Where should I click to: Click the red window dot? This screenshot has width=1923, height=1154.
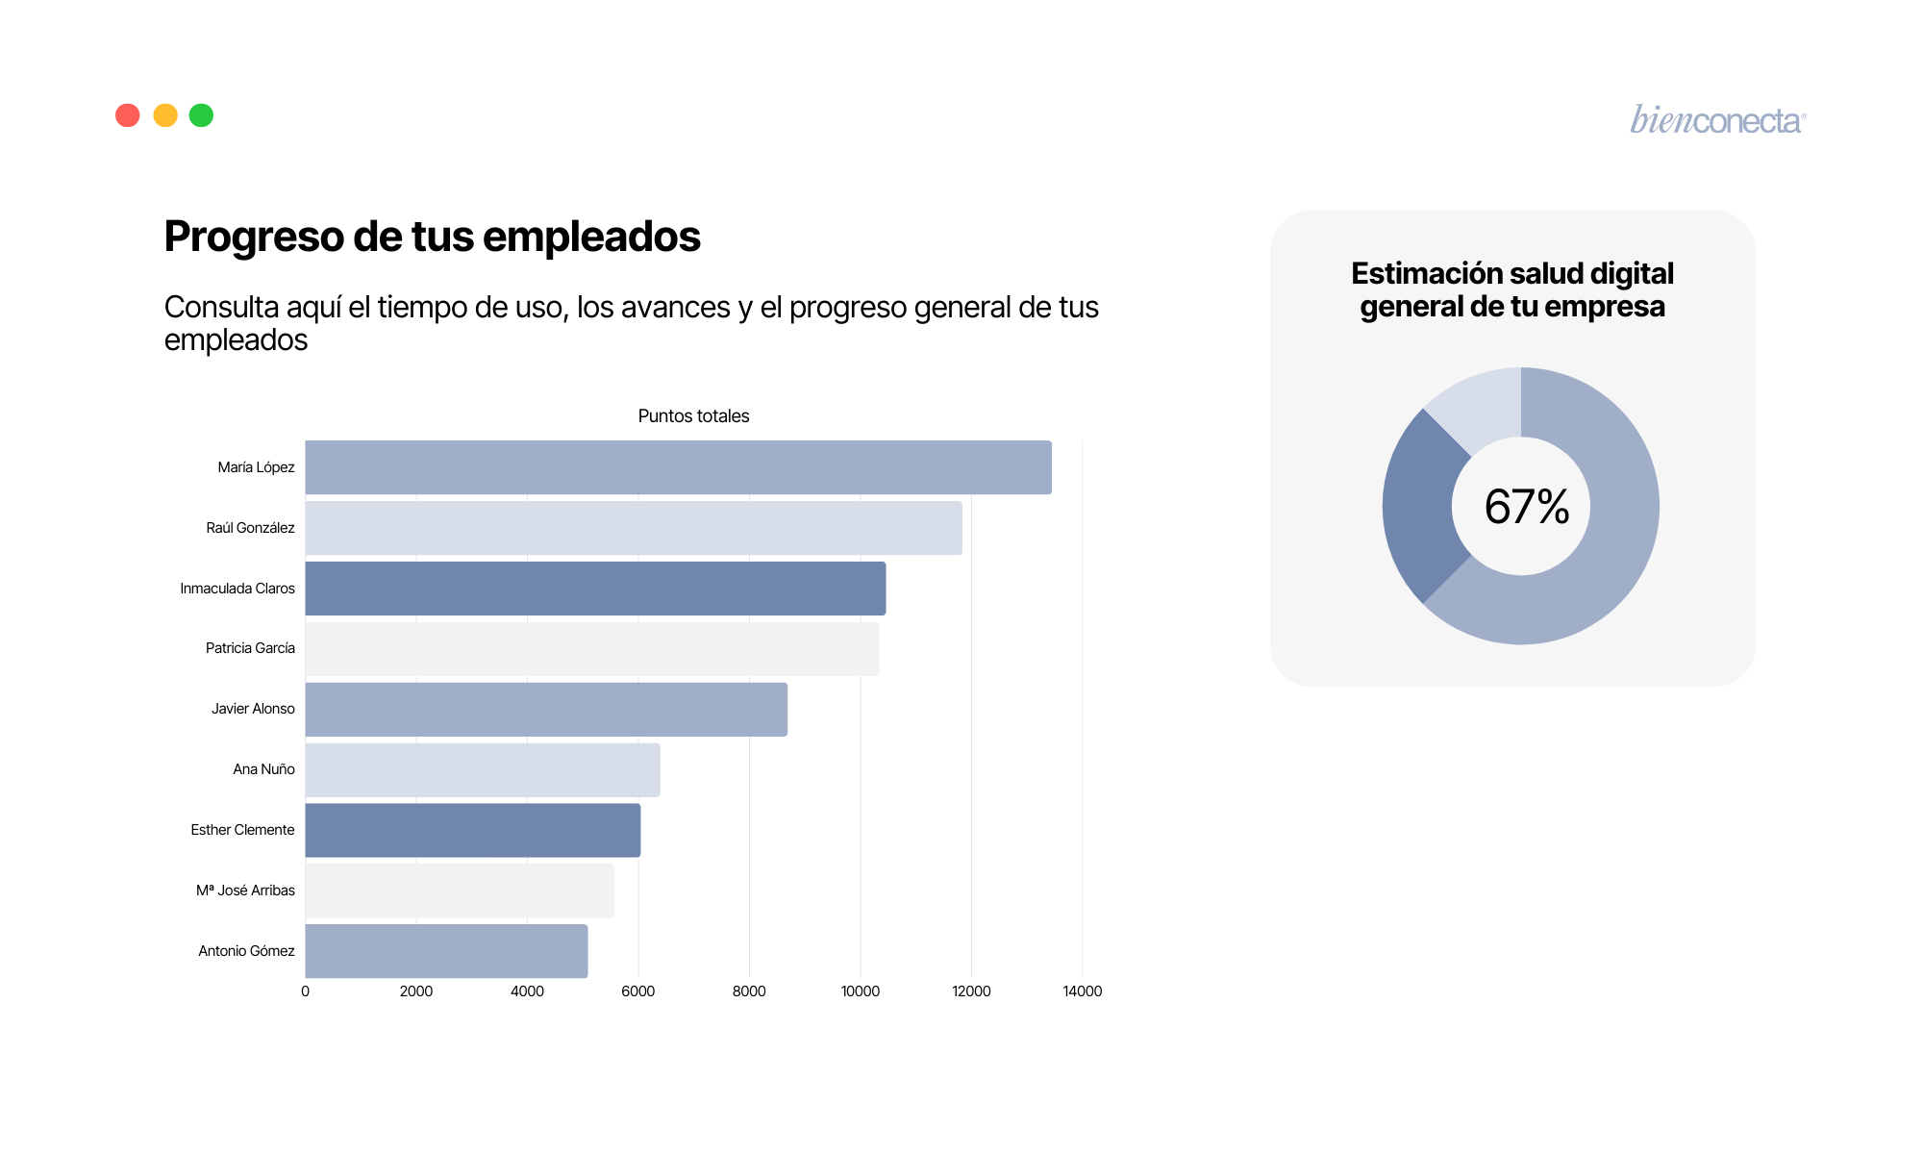click(128, 115)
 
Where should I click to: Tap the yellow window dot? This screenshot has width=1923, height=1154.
click(165, 115)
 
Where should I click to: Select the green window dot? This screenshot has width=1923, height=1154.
click(201, 115)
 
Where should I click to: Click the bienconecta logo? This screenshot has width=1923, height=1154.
click(1717, 120)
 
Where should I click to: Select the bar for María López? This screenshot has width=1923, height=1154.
click(678, 467)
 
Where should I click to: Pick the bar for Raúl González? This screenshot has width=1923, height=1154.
click(634, 528)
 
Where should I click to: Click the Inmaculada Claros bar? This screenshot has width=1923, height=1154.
click(595, 589)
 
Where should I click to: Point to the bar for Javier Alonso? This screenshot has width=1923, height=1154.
click(546, 710)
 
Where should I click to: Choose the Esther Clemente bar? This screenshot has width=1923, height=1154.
click(473, 830)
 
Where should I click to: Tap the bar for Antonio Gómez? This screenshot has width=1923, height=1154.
click(446, 951)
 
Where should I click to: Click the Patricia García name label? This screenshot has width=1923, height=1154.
click(250, 648)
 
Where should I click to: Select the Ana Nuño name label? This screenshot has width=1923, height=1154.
click(263, 769)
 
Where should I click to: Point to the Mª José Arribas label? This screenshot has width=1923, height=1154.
click(245, 891)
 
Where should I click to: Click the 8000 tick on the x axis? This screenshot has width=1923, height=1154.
click(749, 991)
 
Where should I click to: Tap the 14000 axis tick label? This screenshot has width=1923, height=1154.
click(1082, 991)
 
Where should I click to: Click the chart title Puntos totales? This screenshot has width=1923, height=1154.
click(693, 416)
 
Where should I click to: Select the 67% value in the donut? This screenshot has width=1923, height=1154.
click(1526, 507)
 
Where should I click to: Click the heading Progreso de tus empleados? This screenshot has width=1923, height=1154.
click(432, 237)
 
